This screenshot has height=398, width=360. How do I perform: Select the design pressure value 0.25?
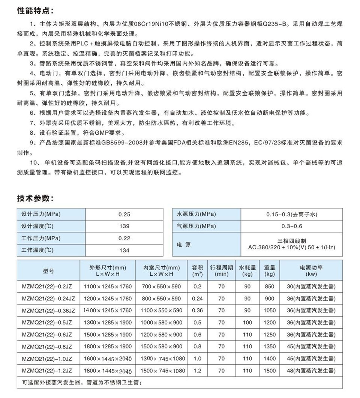click(x=124, y=215)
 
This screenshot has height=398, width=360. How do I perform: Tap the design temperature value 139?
click(x=124, y=226)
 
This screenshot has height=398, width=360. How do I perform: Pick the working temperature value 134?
click(x=124, y=250)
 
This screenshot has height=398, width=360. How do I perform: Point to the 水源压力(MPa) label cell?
click(x=196, y=214)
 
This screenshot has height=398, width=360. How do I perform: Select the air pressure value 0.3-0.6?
click(x=291, y=226)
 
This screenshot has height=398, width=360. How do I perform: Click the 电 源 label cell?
click(x=184, y=244)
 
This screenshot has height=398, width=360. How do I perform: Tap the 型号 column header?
click(x=48, y=270)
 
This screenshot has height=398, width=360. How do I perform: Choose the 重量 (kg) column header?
click(x=270, y=270)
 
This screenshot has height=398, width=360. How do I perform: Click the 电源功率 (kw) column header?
click(x=311, y=270)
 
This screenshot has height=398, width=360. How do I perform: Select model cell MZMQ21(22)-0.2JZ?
click(x=47, y=287)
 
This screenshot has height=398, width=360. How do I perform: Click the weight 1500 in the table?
click(x=270, y=371)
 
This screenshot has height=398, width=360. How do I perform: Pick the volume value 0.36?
click(x=197, y=311)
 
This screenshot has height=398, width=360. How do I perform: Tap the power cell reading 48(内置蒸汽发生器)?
click(x=311, y=371)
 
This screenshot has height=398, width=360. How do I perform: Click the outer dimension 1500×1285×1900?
click(x=108, y=335)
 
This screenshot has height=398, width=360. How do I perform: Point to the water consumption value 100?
click(x=247, y=323)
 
